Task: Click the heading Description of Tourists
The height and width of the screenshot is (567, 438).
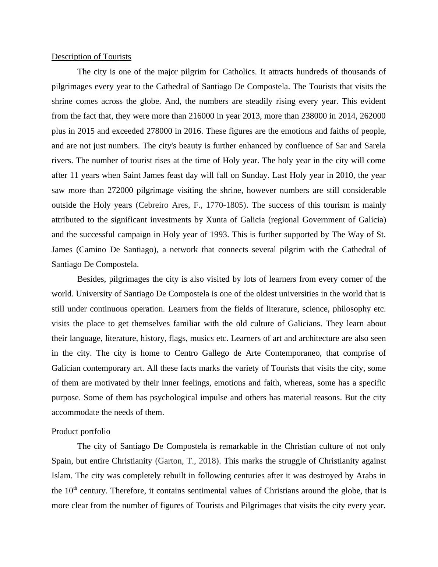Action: pyautogui.click(x=91, y=57)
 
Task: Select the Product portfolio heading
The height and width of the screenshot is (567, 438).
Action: pyautogui.click(x=81, y=432)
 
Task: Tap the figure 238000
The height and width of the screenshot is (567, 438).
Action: pyautogui.click(x=314, y=116)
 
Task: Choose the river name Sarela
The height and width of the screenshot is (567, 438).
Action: pyautogui.click(x=375, y=146)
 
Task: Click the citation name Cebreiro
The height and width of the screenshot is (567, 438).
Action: pyautogui.click(x=153, y=205)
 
